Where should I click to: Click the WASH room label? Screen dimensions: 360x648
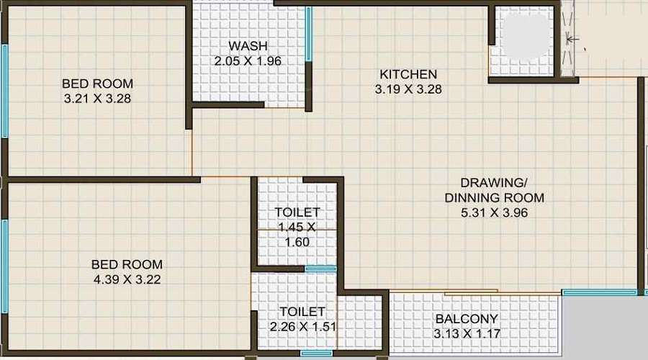click(247, 47)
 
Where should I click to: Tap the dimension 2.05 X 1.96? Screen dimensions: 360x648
click(247, 61)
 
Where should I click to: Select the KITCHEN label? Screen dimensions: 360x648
click(408, 75)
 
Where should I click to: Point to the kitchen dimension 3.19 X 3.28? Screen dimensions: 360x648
click(408, 90)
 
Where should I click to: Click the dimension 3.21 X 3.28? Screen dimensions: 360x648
click(97, 99)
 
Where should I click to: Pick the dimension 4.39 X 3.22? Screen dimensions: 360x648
click(126, 279)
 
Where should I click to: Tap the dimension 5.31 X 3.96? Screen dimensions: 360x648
click(495, 213)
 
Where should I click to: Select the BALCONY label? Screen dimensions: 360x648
click(467, 319)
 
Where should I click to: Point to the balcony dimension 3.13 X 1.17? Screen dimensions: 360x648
click(467, 333)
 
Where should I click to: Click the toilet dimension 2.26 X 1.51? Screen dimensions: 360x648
click(302, 326)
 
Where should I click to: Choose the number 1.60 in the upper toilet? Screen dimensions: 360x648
click(297, 242)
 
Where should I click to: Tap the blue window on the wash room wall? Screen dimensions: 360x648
click(308, 34)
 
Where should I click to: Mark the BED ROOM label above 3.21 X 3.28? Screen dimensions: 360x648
click(97, 84)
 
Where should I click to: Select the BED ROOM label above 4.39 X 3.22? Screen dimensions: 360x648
click(126, 264)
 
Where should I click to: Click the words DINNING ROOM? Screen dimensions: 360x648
click(495, 197)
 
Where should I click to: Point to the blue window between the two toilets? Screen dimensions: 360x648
click(320, 269)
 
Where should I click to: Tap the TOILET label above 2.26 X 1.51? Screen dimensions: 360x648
click(302, 312)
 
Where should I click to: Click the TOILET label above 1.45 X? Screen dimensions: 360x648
click(297, 212)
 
